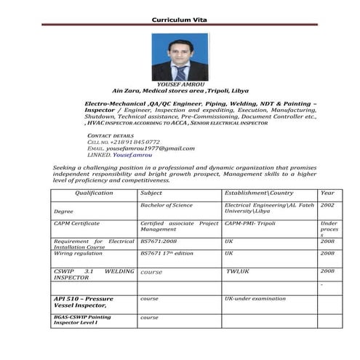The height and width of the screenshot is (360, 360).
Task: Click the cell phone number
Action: pyautogui.click(x=135, y=142)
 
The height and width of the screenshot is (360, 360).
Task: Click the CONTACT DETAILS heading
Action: pyautogui.click(x=111, y=136)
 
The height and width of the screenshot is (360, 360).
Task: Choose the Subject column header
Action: pyautogui.click(x=151, y=193)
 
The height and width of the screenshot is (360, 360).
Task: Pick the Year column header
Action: pyautogui.click(x=327, y=193)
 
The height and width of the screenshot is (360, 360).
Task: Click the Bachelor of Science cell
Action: pyautogui.click(x=167, y=206)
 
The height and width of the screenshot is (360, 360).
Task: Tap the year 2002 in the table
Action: pyautogui.click(x=327, y=206)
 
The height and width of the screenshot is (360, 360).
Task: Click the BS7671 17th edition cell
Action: pyautogui.click(x=167, y=253)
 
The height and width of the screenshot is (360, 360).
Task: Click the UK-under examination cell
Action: pyautogui.click(x=255, y=298)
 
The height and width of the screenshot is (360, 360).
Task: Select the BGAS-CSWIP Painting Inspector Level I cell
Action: pyautogui.click(x=82, y=320)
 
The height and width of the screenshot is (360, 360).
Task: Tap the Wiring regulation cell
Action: pyautogui.click(x=78, y=253)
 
